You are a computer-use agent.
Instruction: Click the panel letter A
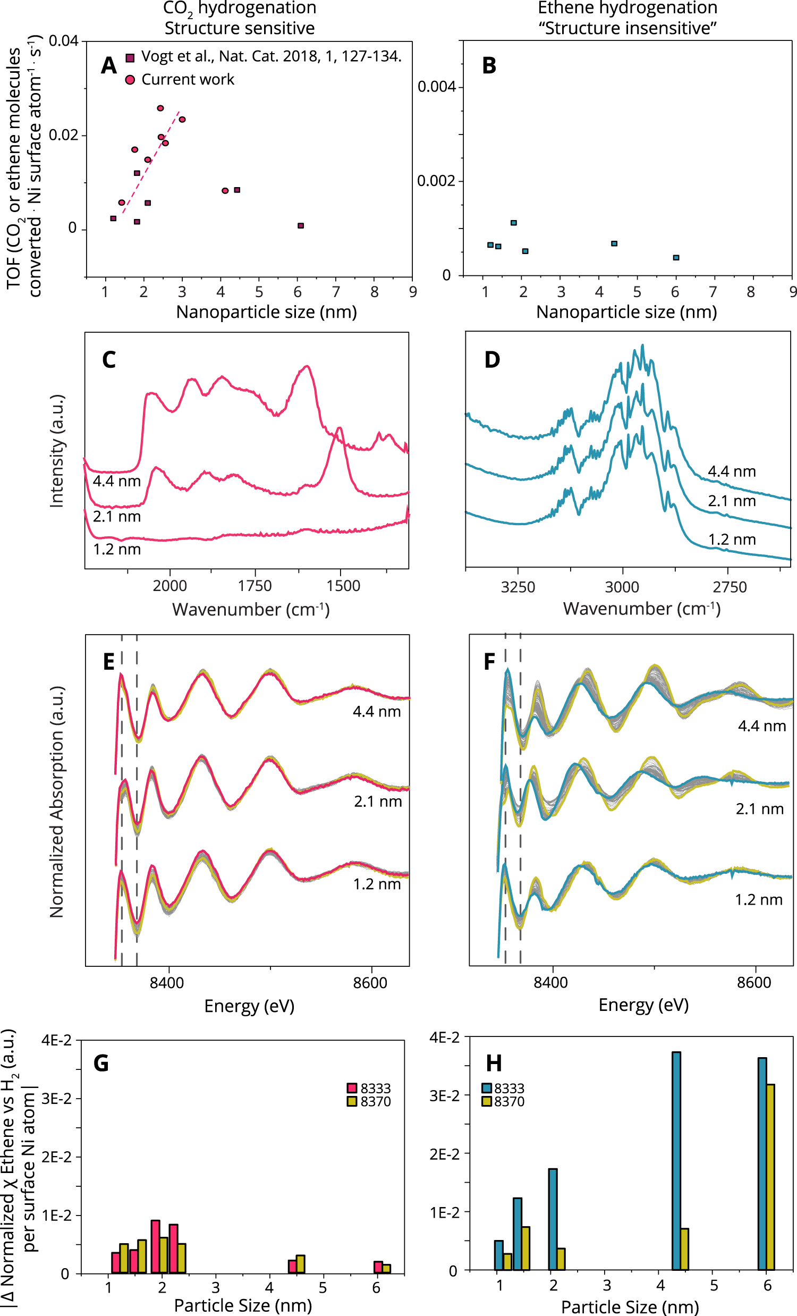point(108,66)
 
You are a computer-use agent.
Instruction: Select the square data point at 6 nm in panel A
point(301,226)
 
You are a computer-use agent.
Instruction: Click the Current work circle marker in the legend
point(130,80)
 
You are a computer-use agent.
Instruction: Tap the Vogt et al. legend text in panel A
point(271,57)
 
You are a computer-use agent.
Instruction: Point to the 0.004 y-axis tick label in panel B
point(436,87)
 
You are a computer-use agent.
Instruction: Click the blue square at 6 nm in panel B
point(676,257)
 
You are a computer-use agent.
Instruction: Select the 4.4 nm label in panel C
point(116,481)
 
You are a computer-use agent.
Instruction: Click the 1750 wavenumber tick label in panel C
point(255,586)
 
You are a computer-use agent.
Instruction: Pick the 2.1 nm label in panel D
point(731,501)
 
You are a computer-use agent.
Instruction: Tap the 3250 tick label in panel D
point(518,587)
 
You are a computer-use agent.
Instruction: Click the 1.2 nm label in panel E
point(376,884)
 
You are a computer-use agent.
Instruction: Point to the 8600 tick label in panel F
point(753,983)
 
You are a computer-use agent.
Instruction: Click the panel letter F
point(489,662)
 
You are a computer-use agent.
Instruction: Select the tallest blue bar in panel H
point(676,1161)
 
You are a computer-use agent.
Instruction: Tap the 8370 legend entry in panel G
point(369,1101)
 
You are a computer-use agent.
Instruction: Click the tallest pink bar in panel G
point(155,1246)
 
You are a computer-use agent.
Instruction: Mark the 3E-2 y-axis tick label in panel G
point(56,1099)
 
